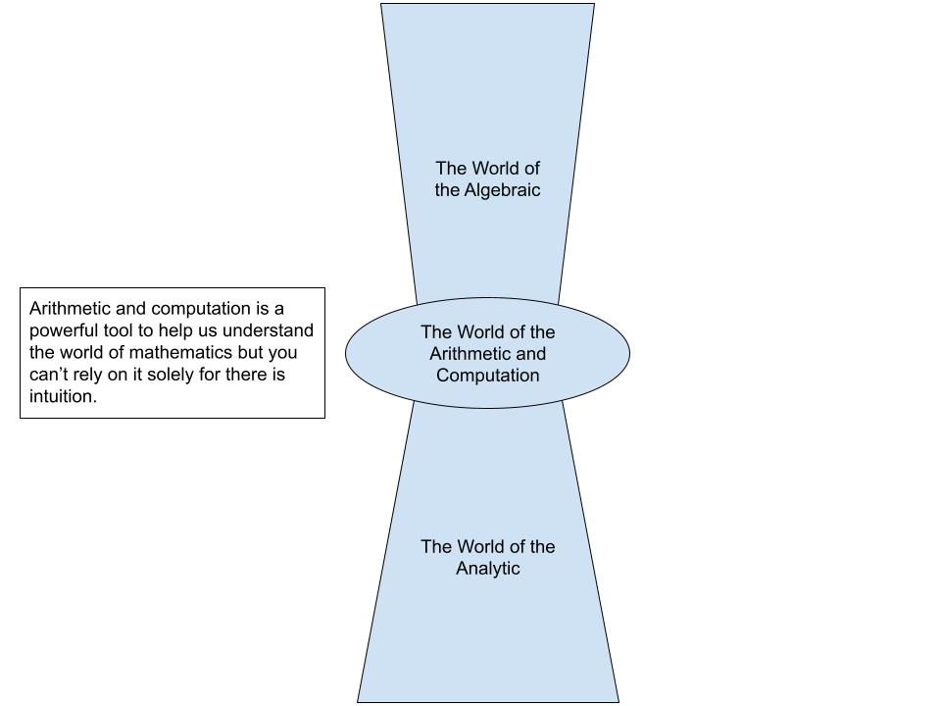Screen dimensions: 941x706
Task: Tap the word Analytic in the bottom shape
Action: click(488, 569)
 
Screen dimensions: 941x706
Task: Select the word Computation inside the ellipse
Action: click(488, 376)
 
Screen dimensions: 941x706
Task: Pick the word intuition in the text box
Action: click(63, 397)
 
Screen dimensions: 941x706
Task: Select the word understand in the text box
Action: click(268, 330)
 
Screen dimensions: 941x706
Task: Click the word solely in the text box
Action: click(173, 375)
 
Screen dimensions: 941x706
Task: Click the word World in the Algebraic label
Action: click(494, 169)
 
